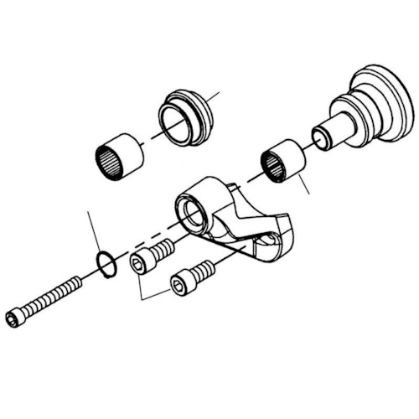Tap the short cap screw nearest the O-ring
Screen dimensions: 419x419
coord(151,256)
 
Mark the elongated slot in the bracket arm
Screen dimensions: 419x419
coord(267,244)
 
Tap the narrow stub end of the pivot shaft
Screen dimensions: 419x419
coord(323,137)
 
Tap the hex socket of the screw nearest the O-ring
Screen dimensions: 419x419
coord(137,266)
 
